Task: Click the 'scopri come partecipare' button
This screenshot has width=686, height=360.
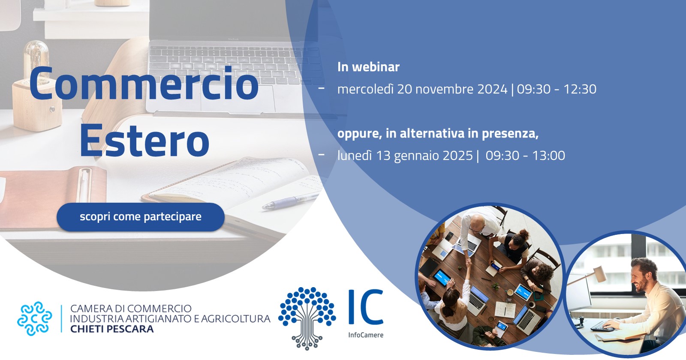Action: [x=141, y=217]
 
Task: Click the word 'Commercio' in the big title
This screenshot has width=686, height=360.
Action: [x=144, y=83]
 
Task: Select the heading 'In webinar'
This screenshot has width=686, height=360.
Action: [x=368, y=67]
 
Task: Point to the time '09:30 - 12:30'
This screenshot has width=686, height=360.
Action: [x=557, y=89]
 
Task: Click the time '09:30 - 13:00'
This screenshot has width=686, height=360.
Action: [x=526, y=156]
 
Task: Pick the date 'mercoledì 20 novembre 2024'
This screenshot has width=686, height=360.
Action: [x=422, y=89]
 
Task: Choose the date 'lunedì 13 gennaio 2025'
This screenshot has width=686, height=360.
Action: [x=405, y=156]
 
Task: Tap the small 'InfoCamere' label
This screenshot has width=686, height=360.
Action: [x=366, y=335]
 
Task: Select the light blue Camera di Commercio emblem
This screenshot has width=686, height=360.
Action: [x=35, y=319]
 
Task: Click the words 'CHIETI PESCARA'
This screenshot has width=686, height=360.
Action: [x=112, y=329]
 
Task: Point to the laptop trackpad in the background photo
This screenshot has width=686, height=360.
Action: [x=238, y=99]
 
